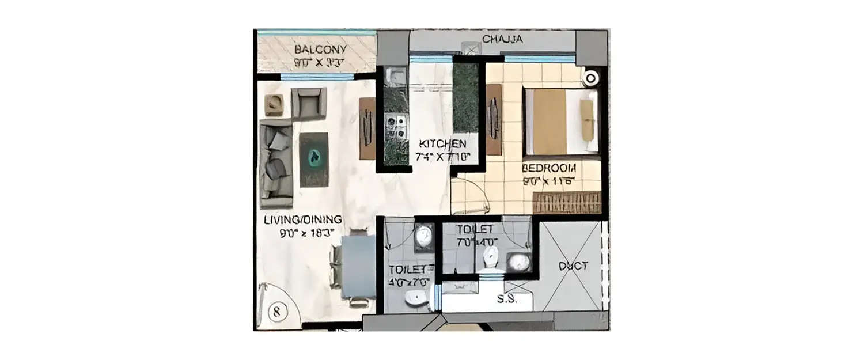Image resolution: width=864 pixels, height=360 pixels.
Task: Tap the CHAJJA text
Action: (x=502, y=39)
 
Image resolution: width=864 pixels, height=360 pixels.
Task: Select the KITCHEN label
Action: (x=442, y=143)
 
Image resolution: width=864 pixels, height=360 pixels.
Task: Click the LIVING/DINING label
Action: (x=303, y=219)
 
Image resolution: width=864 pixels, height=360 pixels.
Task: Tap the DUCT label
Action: (x=573, y=266)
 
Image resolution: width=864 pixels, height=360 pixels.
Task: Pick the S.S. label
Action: (x=507, y=300)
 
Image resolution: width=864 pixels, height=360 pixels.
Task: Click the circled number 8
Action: (x=277, y=312)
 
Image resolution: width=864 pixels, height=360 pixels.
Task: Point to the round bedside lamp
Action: (x=590, y=79)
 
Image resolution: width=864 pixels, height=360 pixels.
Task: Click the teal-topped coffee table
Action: (x=314, y=159)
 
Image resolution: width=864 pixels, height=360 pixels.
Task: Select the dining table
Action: (x=358, y=266)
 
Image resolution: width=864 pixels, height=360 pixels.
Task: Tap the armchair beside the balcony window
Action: (x=309, y=103)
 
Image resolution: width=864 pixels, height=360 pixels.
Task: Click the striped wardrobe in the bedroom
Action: (x=567, y=203)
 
